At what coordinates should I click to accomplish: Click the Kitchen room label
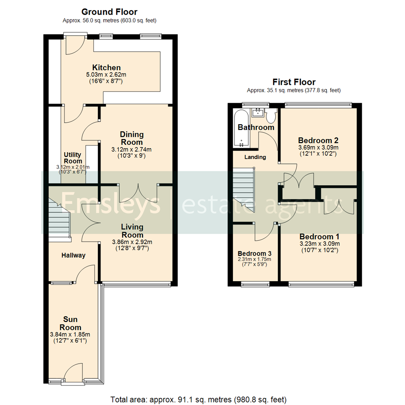click(106, 68)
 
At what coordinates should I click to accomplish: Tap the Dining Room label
click(131, 138)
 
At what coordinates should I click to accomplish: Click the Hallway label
click(73, 255)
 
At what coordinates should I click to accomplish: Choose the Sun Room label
click(70, 323)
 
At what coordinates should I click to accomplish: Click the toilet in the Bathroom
click(271, 115)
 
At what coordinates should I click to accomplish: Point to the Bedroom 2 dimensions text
click(318, 151)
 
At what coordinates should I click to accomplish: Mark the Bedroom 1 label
click(319, 237)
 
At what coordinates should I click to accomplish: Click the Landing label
click(255, 157)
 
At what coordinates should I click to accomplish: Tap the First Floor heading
click(294, 82)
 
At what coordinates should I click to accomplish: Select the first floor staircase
click(243, 189)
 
